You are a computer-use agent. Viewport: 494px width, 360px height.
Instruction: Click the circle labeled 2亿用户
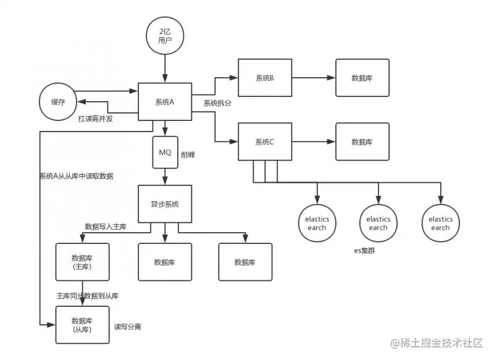point(165,36)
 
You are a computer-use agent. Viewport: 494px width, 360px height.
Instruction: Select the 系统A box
point(165,102)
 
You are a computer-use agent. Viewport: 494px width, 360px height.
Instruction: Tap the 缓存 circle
point(58,102)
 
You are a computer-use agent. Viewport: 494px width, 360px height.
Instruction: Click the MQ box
point(165,153)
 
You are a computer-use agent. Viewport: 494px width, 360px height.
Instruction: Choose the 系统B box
point(265,78)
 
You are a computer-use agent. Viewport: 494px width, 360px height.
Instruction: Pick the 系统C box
point(265,142)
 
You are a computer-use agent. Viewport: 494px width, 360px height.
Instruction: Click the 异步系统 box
point(165,204)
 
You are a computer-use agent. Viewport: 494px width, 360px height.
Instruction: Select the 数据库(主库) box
point(83,262)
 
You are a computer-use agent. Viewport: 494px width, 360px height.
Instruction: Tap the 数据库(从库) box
point(83,325)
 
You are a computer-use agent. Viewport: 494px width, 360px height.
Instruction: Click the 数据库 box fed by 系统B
point(362,78)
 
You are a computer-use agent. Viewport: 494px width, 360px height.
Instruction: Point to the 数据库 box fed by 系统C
point(362,142)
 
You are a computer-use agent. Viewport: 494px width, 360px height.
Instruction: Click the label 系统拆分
point(217,103)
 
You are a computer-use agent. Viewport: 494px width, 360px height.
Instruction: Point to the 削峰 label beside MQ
point(188,154)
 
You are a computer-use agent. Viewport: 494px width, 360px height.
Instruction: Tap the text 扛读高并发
point(96,119)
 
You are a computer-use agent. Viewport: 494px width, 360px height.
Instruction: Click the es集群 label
point(364,251)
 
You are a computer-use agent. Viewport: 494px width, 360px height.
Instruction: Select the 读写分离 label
point(128,327)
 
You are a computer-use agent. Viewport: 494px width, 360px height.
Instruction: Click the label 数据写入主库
point(106,227)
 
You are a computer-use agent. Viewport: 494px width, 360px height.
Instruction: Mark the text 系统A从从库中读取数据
point(76,176)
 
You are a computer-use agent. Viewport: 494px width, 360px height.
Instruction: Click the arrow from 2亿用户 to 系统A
point(165,69)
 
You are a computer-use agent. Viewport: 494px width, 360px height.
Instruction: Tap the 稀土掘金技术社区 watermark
point(437,343)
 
